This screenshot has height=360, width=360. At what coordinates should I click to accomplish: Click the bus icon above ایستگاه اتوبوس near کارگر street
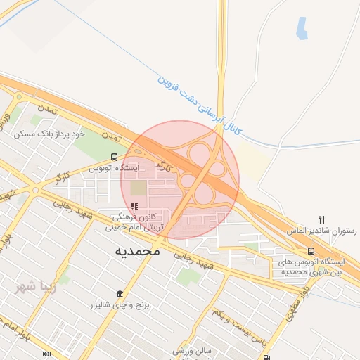click(x=114, y=157)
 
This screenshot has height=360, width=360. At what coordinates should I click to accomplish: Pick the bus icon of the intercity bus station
click(x=311, y=251)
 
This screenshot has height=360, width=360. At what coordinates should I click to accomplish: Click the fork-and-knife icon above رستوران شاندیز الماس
click(x=322, y=219)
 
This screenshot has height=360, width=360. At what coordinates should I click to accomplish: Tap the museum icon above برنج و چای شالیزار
click(x=120, y=293)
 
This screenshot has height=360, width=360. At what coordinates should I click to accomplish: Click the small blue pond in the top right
click(x=302, y=27)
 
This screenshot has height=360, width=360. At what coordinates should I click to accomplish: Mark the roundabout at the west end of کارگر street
click(x=35, y=190)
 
